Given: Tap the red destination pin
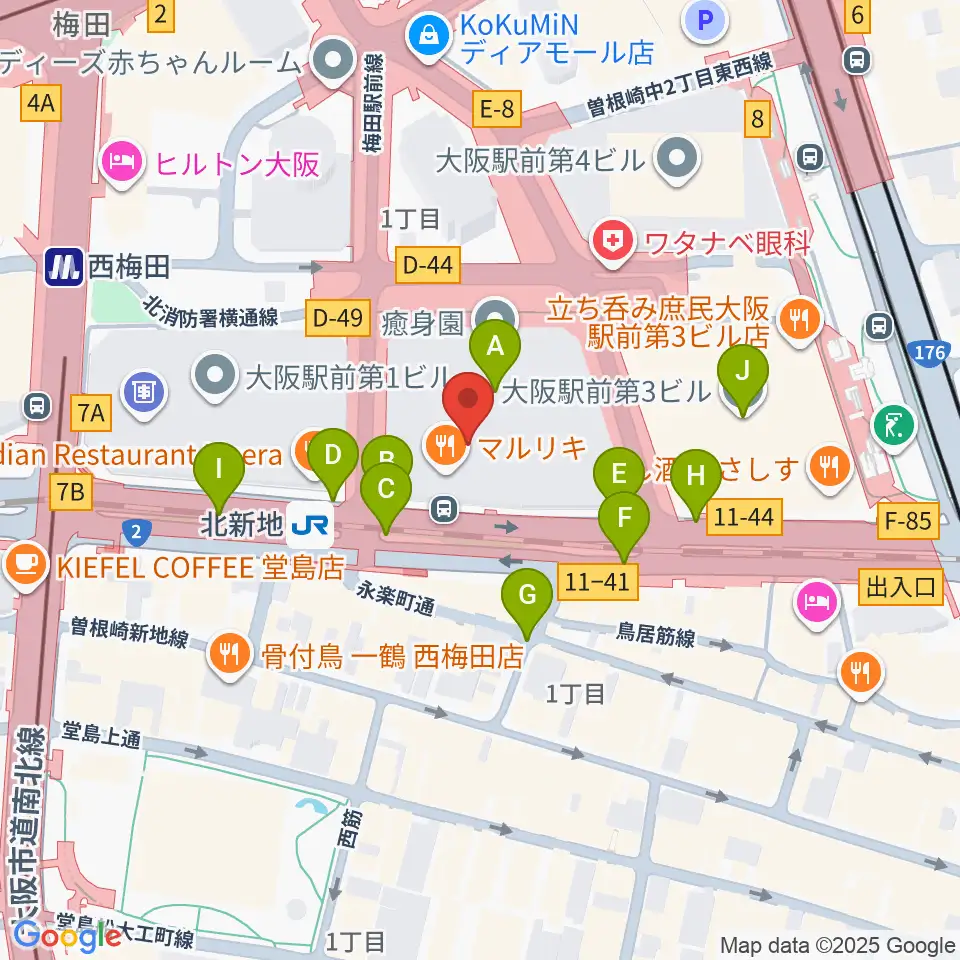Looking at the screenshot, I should coord(468,403).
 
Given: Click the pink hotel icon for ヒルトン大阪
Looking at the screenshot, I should coord(122,163).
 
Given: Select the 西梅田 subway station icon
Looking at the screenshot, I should coord(63,267).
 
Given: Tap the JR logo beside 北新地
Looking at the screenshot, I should coord(309,521).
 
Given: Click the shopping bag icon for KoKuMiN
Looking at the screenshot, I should coord(428,35).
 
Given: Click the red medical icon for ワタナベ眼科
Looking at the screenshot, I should coord(609,240).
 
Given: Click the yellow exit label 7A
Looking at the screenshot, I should coord(92,411).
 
